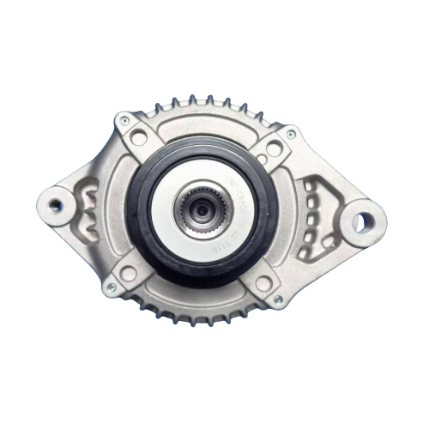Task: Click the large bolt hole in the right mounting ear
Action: [362, 221]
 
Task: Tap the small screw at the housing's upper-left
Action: [125, 121]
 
